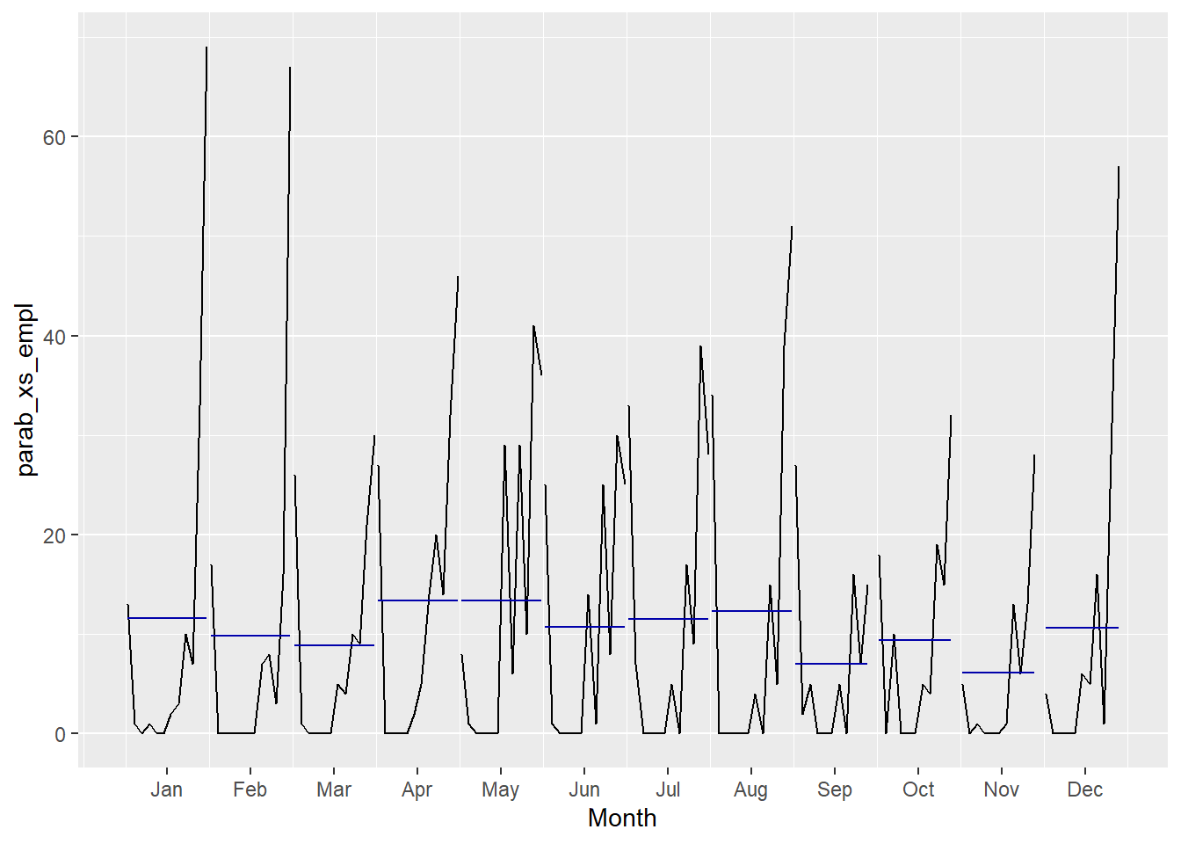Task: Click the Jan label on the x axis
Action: (166, 789)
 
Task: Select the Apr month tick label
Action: (417, 789)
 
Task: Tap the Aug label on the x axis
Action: (750, 789)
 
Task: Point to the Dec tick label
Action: (1084, 789)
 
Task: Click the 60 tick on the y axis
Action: (54, 137)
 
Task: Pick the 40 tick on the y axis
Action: (54, 337)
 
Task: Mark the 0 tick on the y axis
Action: (60, 734)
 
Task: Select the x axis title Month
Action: (622, 819)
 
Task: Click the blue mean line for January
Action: (167, 618)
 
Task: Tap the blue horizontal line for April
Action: (417, 600)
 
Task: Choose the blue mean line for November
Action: (998, 673)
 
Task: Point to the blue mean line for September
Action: (831, 664)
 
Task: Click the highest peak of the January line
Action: (206, 47)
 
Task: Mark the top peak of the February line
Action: (290, 68)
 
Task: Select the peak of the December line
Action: (1119, 167)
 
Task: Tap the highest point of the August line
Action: (792, 227)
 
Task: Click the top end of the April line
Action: (458, 277)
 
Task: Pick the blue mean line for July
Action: (668, 619)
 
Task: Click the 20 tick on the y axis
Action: (54, 535)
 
